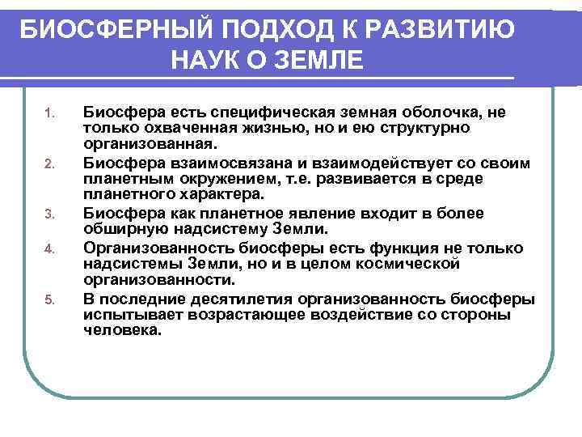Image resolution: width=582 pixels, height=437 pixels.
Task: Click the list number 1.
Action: [x=48, y=112]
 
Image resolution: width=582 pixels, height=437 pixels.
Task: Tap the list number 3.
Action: [x=48, y=214]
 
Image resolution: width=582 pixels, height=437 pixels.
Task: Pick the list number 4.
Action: [x=48, y=248]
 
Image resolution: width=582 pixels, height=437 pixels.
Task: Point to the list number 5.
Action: [x=48, y=299]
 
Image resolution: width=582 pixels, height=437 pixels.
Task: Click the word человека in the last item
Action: [x=123, y=332]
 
